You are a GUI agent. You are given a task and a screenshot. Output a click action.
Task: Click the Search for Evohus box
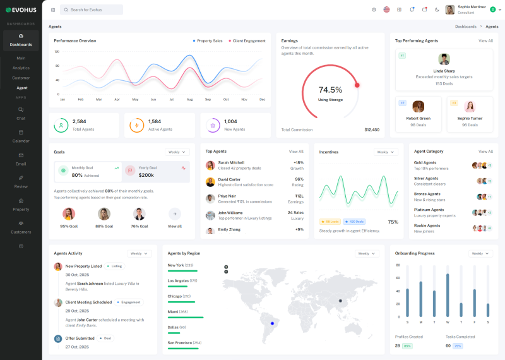pyautogui.click(x=92, y=10)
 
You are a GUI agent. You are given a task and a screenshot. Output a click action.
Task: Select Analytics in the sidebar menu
pyautogui.click(x=21, y=68)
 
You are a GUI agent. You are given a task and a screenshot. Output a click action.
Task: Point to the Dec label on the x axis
pyautogui.click(x=262, y=99)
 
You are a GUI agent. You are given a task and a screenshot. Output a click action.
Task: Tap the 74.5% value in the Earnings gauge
pyautogui.click(x=330, y=90)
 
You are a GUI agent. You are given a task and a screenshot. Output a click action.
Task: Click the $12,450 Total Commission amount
pyautogui.click(x=372, y=129)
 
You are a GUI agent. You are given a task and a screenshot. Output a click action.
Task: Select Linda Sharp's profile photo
pyautogui.click(x=444, y=59)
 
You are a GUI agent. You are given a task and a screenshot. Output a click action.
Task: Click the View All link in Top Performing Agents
pyautogui.click(x=485, y=41)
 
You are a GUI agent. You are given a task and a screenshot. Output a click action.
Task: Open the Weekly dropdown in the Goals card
pyautogui.click(x=177, y=152)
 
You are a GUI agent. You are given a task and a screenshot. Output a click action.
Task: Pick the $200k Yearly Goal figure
pyautogui.click(x=146, y=175)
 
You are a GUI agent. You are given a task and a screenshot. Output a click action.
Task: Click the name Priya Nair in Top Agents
pyautogui.click(x=227, y=196)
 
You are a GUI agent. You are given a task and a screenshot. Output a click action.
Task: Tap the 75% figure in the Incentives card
pyautogui.click(x=393, y=222)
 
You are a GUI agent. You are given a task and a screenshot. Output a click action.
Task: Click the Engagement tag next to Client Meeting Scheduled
pyautogui.click(x=131, y=303)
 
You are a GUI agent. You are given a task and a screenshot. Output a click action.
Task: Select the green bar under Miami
pyautogui.click(x=186, y=318)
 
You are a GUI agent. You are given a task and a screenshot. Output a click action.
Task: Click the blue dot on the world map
pyautogui.click(x=273, y=323)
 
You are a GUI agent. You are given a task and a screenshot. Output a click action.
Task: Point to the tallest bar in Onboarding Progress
pyautogui.click(x=448, y=295)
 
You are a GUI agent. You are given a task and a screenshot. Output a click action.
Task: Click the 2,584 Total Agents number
pyautogui.click(x=80, y=121)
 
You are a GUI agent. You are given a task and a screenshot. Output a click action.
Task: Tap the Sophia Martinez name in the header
pyautogui.click(x=472, y=7)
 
